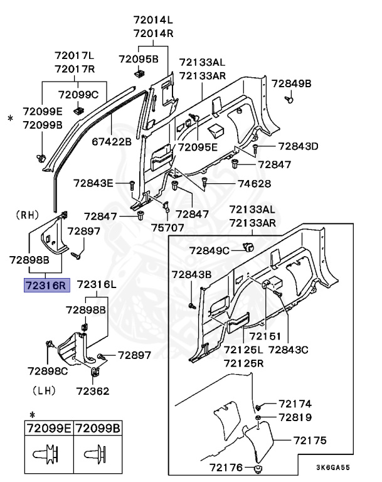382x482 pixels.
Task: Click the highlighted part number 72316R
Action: (45, 286)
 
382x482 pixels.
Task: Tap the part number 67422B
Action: (112, 142)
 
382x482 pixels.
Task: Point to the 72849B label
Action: (291, 83)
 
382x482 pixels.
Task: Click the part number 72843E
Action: (93, 183)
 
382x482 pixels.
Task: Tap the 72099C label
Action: (78, 95)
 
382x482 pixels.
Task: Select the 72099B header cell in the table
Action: (99, 429)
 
